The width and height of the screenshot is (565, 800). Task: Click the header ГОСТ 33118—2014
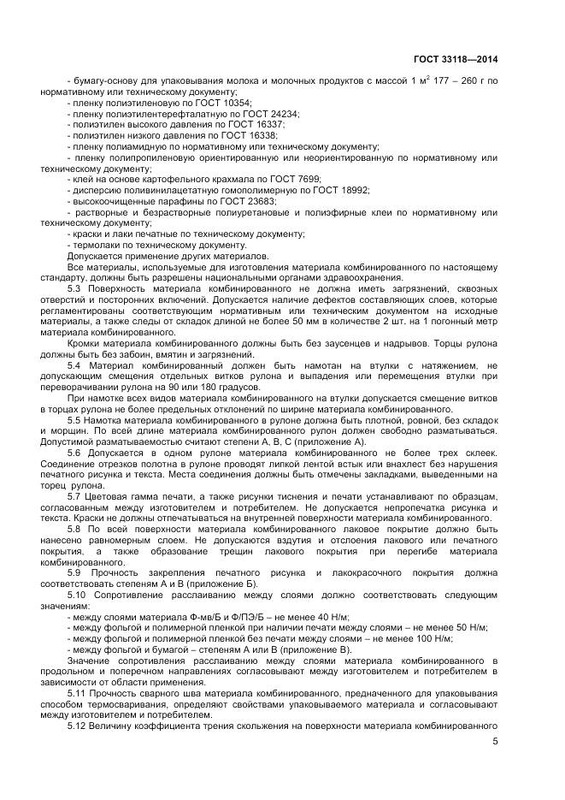(x=456, y=59)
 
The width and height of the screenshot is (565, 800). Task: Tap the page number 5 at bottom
(x=495, y=743)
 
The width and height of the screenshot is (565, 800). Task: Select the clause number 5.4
(x=75, y=366)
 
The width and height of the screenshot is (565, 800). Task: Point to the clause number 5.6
(x=75, y=452)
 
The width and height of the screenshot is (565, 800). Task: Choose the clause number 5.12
(x=78, y=726)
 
